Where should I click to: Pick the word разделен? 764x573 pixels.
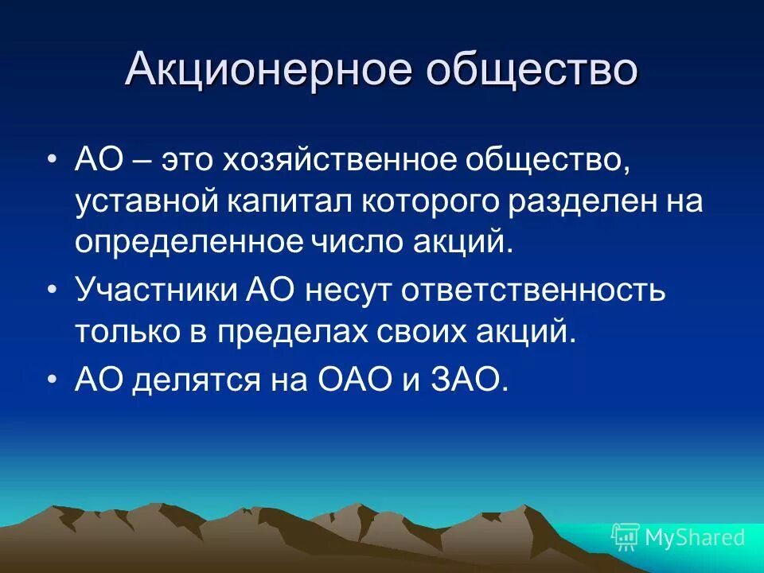(x=579, y=201)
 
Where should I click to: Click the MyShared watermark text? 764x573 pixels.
(x=695, y=537)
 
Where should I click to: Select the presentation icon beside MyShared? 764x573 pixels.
(x=626, y=537)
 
